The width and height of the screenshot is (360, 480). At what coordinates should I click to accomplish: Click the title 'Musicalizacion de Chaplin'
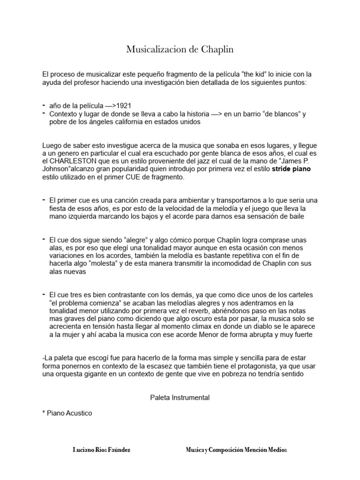[180, 50]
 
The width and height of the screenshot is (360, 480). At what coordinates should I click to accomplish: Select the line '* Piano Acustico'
[67, 413]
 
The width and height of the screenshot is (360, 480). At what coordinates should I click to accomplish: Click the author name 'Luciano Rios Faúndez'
[101, 450]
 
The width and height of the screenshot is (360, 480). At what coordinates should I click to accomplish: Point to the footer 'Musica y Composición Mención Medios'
[236, 450]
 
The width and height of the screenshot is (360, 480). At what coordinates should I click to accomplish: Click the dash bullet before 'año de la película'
[44, 105]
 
